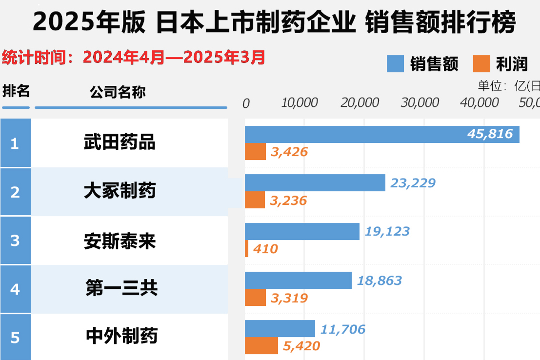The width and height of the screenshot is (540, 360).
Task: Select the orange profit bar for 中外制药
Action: pos(261,346)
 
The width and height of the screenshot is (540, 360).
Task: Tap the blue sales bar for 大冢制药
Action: pos(315,183)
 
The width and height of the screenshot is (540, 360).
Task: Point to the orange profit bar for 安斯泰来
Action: pos(246,249)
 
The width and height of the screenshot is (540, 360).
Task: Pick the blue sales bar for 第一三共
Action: pos(298,280)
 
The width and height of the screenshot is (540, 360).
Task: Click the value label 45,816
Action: pos(490,134)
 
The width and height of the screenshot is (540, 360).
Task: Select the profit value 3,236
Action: pos(289,200)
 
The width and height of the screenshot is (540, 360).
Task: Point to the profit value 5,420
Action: pos(302,346)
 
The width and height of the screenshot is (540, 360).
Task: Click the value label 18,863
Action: pos(380,280)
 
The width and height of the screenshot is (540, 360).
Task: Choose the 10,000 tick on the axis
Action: pos(300,102)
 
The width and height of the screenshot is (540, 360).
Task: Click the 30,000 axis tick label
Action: pos(420,102)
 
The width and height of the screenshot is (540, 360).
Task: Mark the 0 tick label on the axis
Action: pos(246,103)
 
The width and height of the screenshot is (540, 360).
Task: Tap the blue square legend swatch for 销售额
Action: pos(395,64)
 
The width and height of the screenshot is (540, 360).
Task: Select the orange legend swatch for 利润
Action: pos(481,64)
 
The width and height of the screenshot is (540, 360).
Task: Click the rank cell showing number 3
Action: pos(15,240)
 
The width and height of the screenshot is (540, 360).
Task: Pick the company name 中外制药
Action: pos(121,337)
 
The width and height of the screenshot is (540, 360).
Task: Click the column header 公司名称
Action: pos(118,92)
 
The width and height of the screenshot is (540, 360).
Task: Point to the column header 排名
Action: pos(16,91)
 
